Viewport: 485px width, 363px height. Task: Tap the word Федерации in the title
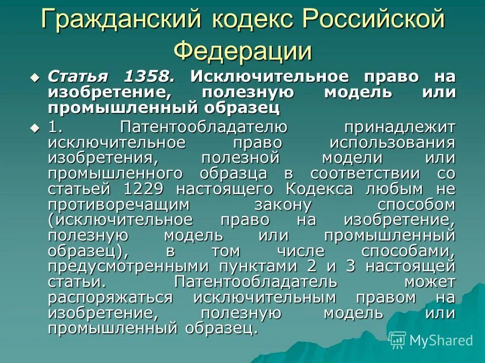(x=243, y=50)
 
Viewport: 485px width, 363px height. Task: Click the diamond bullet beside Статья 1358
(x=34, y=78)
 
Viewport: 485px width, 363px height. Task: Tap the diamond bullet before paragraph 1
(x=34, y=128)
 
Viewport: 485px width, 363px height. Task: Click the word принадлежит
(x=400, y=127)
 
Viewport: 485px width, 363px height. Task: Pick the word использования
(x=392, y=142)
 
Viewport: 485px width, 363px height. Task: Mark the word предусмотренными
(x=129, y=267)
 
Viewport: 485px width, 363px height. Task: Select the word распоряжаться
(x=110, y=297)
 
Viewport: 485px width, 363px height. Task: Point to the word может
(x=429, y=282)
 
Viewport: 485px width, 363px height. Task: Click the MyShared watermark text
(x=441, y=341)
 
